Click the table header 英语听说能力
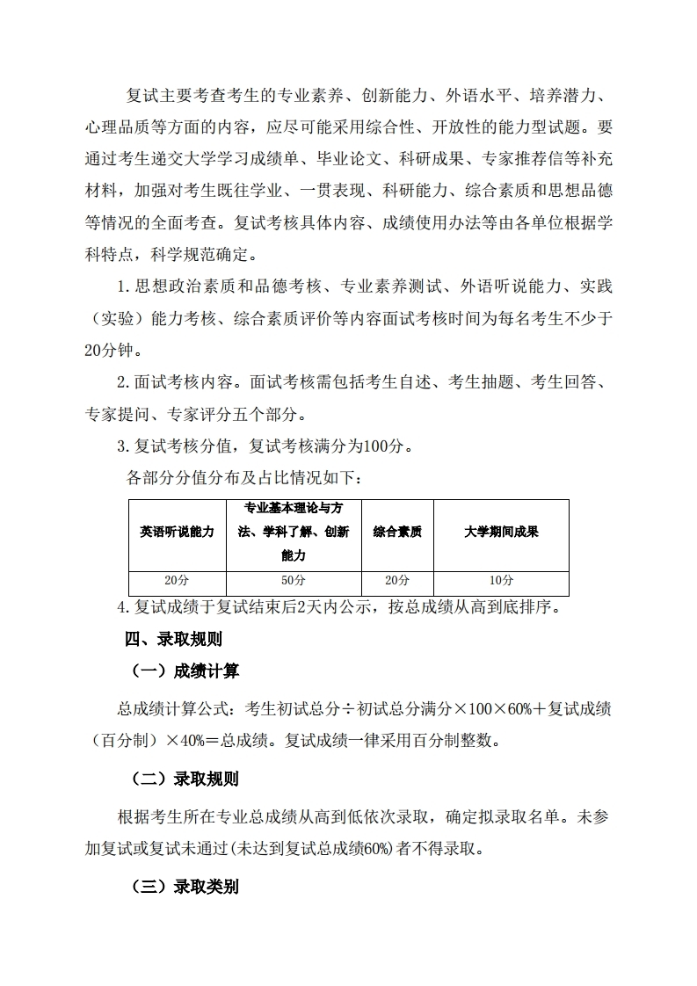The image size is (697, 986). (x=177, y=533)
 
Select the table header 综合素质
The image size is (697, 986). (x=397, y=533)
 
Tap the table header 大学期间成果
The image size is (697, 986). (x=501, y=533)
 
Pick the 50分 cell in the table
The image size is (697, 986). (x=294, y=581)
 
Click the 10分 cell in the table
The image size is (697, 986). (x=501, y=581)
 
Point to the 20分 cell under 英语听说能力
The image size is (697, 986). (x=177, y=581)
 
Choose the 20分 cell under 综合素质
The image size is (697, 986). (x=397, y=581)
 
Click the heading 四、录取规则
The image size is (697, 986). (x=174, y=639)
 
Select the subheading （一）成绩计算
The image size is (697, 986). (x=185, y=671)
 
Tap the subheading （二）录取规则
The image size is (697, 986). (x=185, y=779)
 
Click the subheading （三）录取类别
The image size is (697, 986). (x=185, y=887)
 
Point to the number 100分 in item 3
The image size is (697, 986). (x=383, y=446)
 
